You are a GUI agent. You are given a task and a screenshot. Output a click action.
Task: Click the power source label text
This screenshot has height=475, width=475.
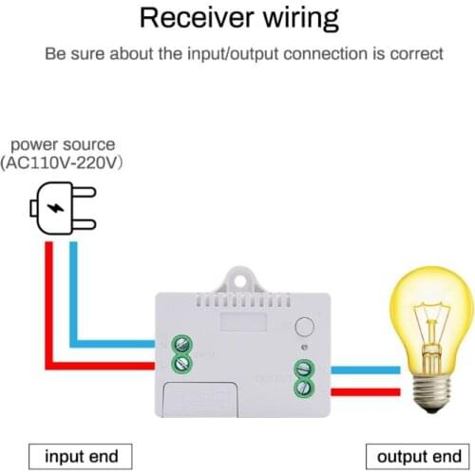tap(63, 144)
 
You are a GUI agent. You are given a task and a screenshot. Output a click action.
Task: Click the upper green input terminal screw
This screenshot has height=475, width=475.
tap(178, 344)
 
